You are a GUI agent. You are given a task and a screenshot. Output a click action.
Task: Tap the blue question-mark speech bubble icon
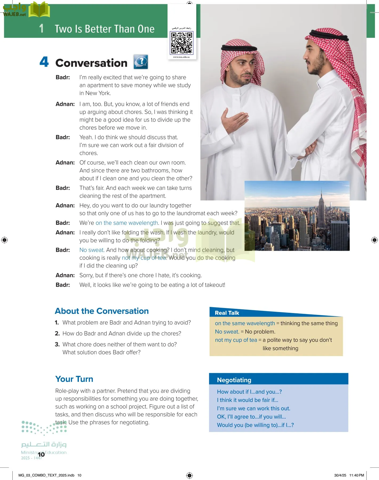[x=141, y=62]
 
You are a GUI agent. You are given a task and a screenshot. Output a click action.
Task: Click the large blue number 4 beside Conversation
[x=44, y=62]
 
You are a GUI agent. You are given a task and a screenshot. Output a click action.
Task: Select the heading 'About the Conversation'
[x=102, y=311]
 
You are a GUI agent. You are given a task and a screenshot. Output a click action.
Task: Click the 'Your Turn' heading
[x=74, y=379]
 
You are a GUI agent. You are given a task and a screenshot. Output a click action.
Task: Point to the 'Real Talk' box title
[x=227, y=313]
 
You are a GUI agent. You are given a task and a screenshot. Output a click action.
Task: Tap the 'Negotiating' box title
[x=234, y=380]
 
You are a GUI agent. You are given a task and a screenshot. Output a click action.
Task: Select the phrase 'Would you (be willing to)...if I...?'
[x=255, y=425]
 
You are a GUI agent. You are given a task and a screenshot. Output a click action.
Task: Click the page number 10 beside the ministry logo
[x=41, y=454]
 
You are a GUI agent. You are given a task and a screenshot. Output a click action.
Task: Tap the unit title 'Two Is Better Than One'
[x=105, y=29]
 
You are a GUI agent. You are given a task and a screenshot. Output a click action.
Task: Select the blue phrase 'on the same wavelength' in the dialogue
[x=127, y=223]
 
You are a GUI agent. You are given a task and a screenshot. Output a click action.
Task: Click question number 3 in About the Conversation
[x=57, y=344]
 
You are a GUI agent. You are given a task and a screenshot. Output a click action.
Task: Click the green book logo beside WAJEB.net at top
[x=39, y=10]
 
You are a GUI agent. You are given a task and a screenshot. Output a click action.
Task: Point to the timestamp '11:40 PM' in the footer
[x=357, y=475]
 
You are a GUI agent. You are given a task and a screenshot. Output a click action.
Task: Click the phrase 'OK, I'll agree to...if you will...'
[x=251, y=417]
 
